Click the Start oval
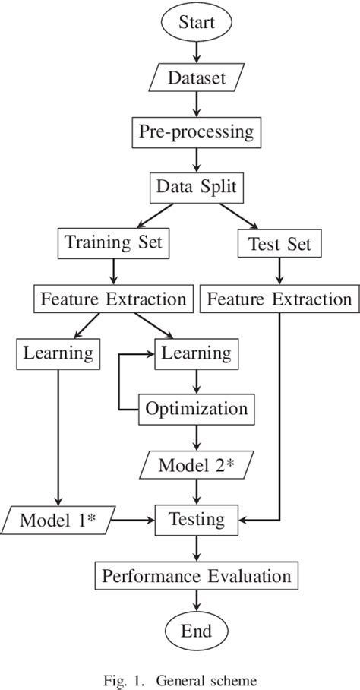[197, 23]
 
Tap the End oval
[197, 631]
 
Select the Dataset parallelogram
[197, 77]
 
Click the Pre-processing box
[197, 131]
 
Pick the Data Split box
[197, 187]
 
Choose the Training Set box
[113, 243]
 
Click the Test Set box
[279, 244]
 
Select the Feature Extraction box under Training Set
[113, 299]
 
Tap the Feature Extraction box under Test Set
[279, 299]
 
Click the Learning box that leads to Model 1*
[58, 353]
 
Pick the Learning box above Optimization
[197, 353]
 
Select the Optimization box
[197, 409]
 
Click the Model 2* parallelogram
[197, 464]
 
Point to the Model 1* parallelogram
[58, 521]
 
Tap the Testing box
[197, 521]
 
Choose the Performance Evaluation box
[197, 575]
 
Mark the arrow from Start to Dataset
[197, 50]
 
